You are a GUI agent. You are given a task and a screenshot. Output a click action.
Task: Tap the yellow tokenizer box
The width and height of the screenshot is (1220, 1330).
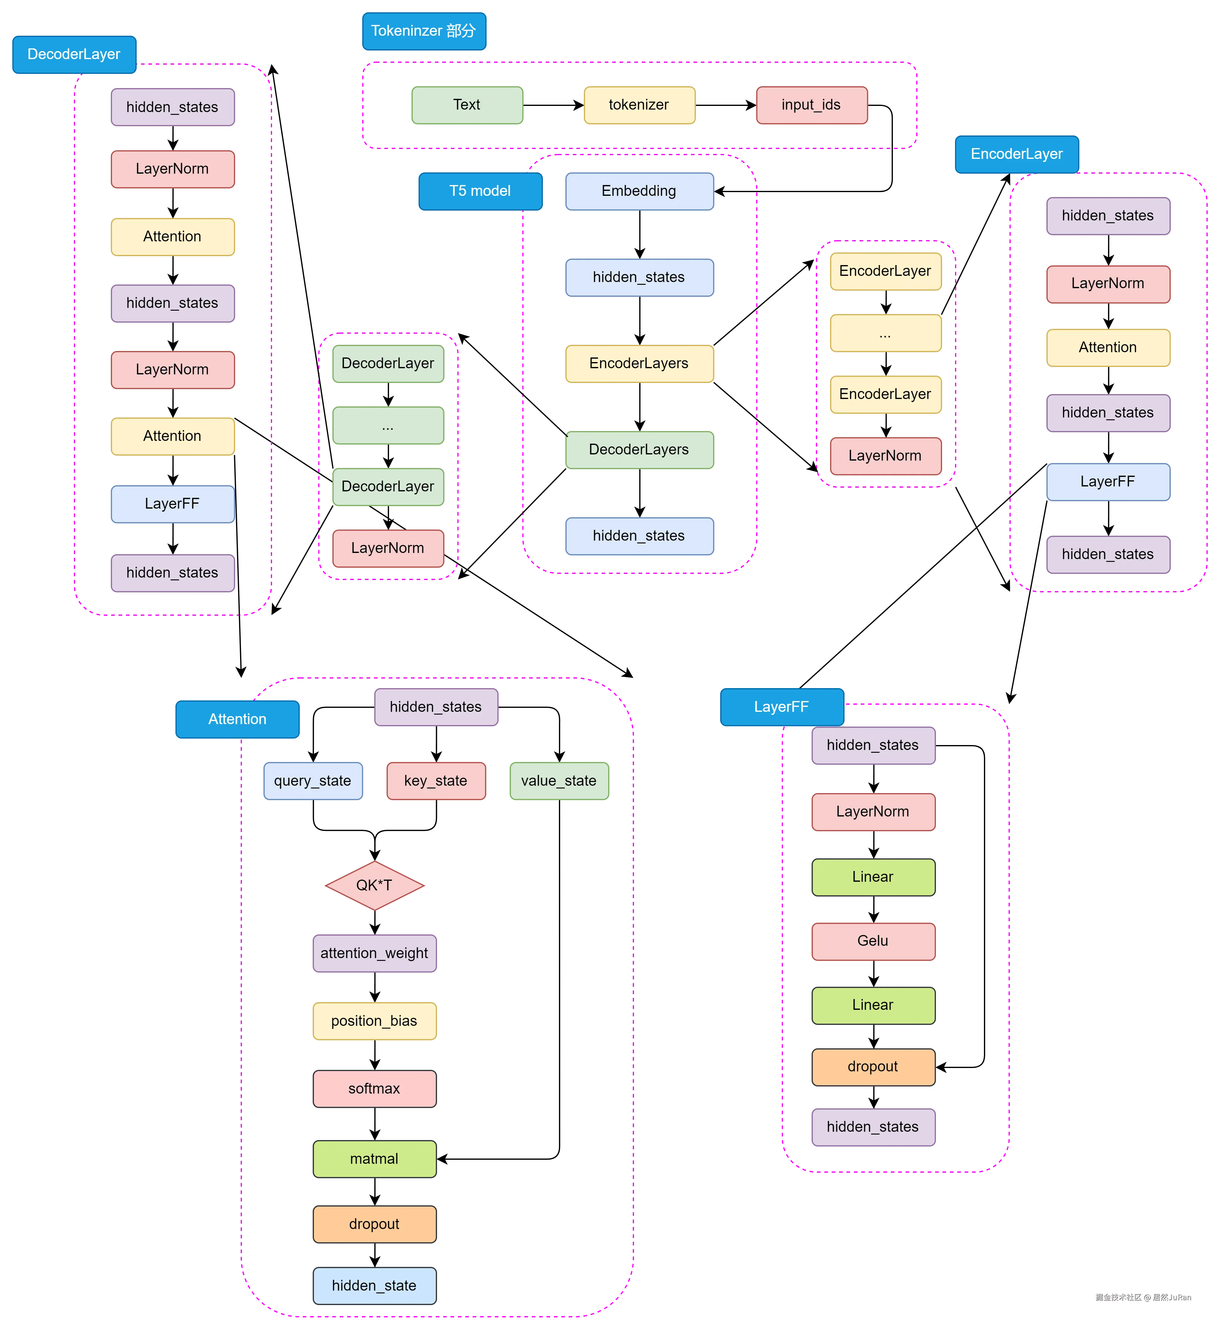click(639, 105)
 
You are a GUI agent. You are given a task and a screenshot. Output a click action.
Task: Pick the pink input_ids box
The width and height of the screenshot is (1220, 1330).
click(811, 105)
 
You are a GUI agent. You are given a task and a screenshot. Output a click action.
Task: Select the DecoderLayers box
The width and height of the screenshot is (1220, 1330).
click(639, 450)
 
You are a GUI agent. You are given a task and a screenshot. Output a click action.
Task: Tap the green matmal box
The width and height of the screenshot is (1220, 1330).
click(374, 1159)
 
